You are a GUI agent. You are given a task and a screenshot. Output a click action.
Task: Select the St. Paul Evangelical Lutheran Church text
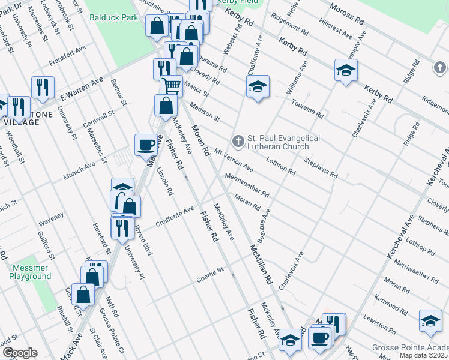pyautogui.click(x=280, y=143)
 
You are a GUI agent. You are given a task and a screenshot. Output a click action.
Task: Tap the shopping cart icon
pyautogui.click(x=171, y=85)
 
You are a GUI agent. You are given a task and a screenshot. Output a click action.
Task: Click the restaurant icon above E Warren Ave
pyautogui.click(x=43, y=87)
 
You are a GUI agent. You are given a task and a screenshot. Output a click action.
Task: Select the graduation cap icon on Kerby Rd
pyautogui.click(x=346, y=70)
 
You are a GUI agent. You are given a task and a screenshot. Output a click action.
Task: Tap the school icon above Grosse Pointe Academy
pyautogui.click(x=430, y=322)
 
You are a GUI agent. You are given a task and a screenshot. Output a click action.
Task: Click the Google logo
pyautogui.click(x=20, y=353)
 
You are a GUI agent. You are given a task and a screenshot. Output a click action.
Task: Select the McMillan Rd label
pyautogui.click(x=262, y=264)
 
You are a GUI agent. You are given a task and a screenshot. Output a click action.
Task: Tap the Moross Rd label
pyautogui.click(x=347, y=12)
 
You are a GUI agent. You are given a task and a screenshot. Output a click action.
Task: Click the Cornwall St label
pyautogui.click(x=100, y=116)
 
